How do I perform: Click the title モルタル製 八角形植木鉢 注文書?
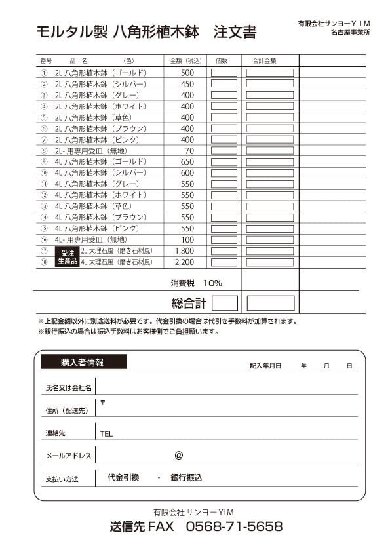pos(146,31)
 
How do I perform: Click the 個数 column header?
pos(222,61)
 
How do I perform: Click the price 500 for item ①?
pos(187,73)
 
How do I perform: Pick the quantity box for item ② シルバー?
pos(224,84)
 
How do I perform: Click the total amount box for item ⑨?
pos(269,162)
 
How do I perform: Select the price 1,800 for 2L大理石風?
pos(185,251)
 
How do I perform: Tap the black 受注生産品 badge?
pos(67,256)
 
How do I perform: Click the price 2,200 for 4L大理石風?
pos(185,262)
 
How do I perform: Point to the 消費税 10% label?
pos(196,283)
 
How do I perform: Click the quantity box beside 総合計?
pos(225,303)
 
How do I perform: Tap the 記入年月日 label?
pos(265,366)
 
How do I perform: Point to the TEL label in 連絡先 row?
pos(107,434)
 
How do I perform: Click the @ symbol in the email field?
pos(178,455)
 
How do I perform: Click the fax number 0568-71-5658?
pos(234,527)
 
